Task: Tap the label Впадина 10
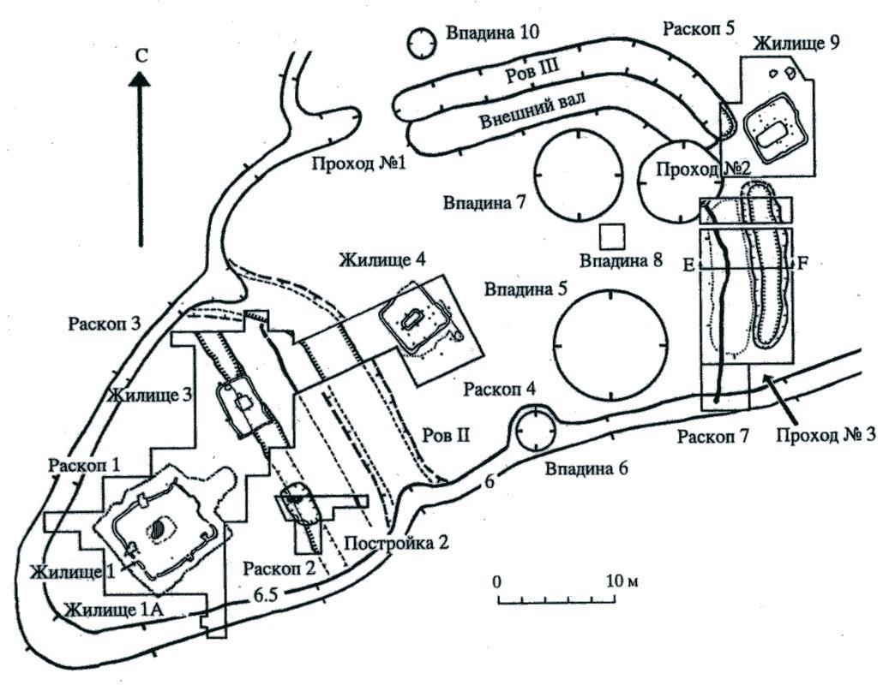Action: (x=493, y=32)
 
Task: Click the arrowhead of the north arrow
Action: (x=140, y=78)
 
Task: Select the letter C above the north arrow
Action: (x=142, y=55)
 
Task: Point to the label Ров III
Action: (x=532, y=73)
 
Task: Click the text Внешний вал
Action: (x=532, y=110)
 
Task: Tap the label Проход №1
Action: (x=358, y=164)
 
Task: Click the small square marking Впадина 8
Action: (x=612, y=237)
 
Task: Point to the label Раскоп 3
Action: (x=104, y=324)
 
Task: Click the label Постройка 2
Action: (x=396, y=543)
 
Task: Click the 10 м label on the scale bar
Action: (x=621, y=581)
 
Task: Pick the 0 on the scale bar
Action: (x=496, y=581)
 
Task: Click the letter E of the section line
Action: (x=688, y=265)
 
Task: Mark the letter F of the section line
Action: (x=803, y=264)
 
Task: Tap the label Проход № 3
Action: (x=826, y=435)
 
